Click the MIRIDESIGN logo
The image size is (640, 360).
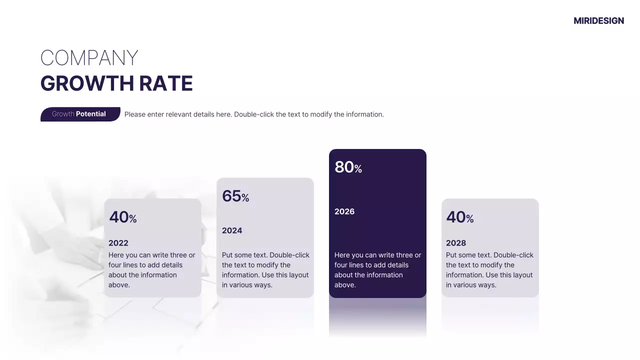(598, 20)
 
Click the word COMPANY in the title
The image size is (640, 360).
(89, 58)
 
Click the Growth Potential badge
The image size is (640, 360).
(80, 114)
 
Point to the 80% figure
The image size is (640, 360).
(348, 167)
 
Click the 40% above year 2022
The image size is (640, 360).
(122, 217)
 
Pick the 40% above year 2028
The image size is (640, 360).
(459, 217)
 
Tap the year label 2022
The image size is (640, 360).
(118, 243)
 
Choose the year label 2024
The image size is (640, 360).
(232, 230)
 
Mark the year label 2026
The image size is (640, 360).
(344, 211)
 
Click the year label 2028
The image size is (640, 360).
(456, 243)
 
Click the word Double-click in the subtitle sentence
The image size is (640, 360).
(254, 114)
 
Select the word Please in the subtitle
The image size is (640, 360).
(134, 114)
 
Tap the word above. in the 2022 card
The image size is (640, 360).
(119, 285)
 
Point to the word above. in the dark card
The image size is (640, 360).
(345, 285)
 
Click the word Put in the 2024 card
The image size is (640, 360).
(227, 255)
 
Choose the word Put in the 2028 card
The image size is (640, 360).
(451, 255)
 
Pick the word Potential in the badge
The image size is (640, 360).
(91, 114)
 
